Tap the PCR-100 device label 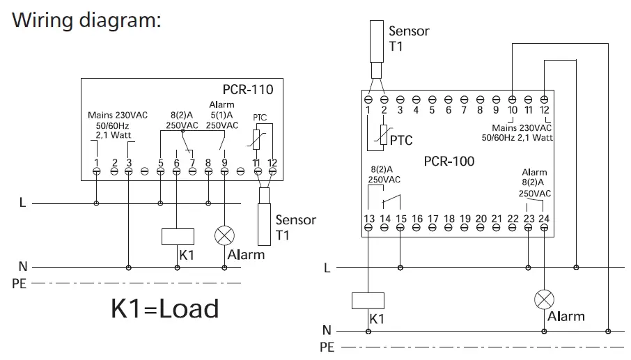click(x=449, y=162)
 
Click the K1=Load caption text click(x=164, y=308)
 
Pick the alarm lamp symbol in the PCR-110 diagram click(x=224, y=235)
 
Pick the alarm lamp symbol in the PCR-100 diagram click(x=544, y=299)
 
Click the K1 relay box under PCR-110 click(x=176, y=236)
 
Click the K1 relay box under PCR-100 click(x=368, y=301)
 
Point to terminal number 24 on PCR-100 click(x=544, y=219)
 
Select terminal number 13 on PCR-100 click(x=368, y=219)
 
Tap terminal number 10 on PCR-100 click(x=512, y=109)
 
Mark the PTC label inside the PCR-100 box click(x=400, y=141)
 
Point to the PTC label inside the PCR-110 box click(x=259, y=118)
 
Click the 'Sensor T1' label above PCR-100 click(x=408, y=39)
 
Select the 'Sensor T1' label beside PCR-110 click(x=295, y=228)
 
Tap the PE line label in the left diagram click(x=18, y=284)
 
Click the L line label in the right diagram click(x=327, y=267)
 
